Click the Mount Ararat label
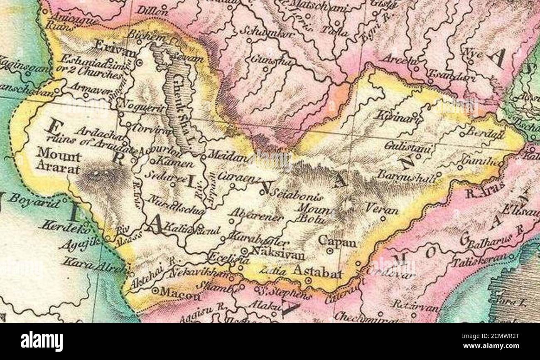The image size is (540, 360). [59, 160]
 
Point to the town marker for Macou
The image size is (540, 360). [155, 291]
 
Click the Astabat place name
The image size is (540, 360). [317, 272]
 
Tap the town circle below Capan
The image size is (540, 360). [330, 251]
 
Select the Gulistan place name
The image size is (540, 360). [402, 147]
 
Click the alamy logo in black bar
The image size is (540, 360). [42, 342]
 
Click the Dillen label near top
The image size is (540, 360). [148, 10]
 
